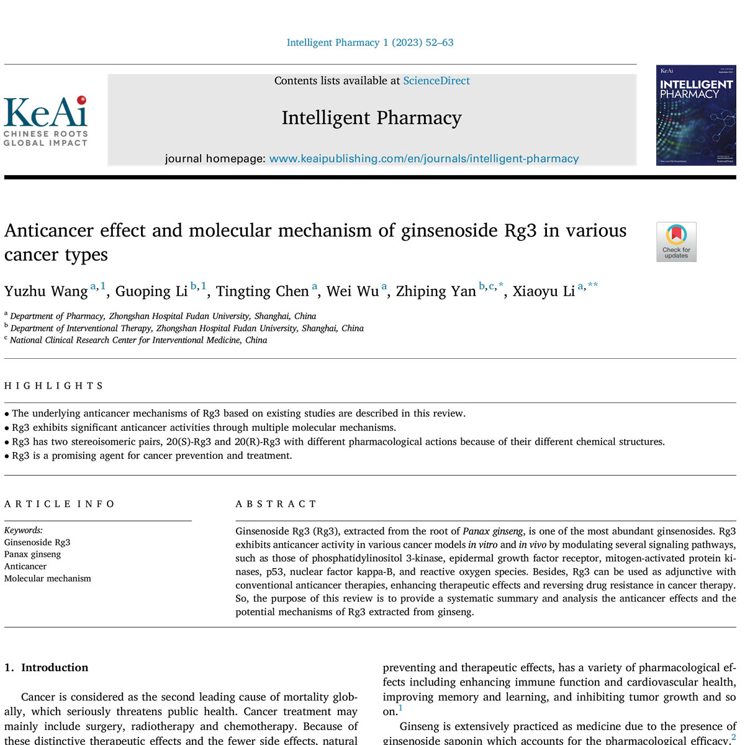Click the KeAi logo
(x=46, y=121)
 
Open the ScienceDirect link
(x=436, y=81)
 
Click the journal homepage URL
(x=423, y=159)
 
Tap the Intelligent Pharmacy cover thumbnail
(x=695, y=115)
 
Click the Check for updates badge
(x=676, y=242)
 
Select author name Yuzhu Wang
(x=46, y=292)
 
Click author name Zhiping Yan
(x=436, y=292)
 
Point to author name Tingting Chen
(x=262, y=292)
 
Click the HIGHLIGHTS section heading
(x=53, y=386)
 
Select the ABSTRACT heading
(x=276, y=504)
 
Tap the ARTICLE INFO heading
(x=60, y=504)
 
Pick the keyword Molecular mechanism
(x=48, y=579)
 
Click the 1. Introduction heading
(x=47, y=668)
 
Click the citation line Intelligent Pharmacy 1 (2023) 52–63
(x=370, y=43)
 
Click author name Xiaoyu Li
(x=544, y=292)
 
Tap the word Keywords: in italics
(x=24, y=530)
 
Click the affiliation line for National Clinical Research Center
(x=138, y=340)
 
